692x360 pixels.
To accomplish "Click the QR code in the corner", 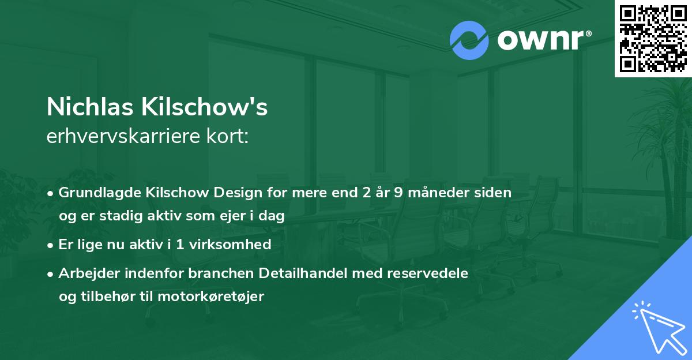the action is (653, 39).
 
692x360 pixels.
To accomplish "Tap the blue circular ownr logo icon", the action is (469, 40).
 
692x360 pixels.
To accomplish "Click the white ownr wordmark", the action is (544, 40).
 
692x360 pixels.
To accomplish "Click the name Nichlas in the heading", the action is (90, 107).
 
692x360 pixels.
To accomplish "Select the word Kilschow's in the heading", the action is (205, 107).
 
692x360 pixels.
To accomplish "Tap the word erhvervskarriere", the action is (123, 136).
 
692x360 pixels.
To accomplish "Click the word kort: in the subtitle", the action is (227, 136).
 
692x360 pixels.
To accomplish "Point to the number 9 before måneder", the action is (398, 192).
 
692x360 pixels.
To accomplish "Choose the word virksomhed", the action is (230, 244).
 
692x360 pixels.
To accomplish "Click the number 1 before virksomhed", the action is (180, 244).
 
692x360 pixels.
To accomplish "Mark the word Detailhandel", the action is (303, 273).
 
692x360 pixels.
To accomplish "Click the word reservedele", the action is (427, 273).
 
